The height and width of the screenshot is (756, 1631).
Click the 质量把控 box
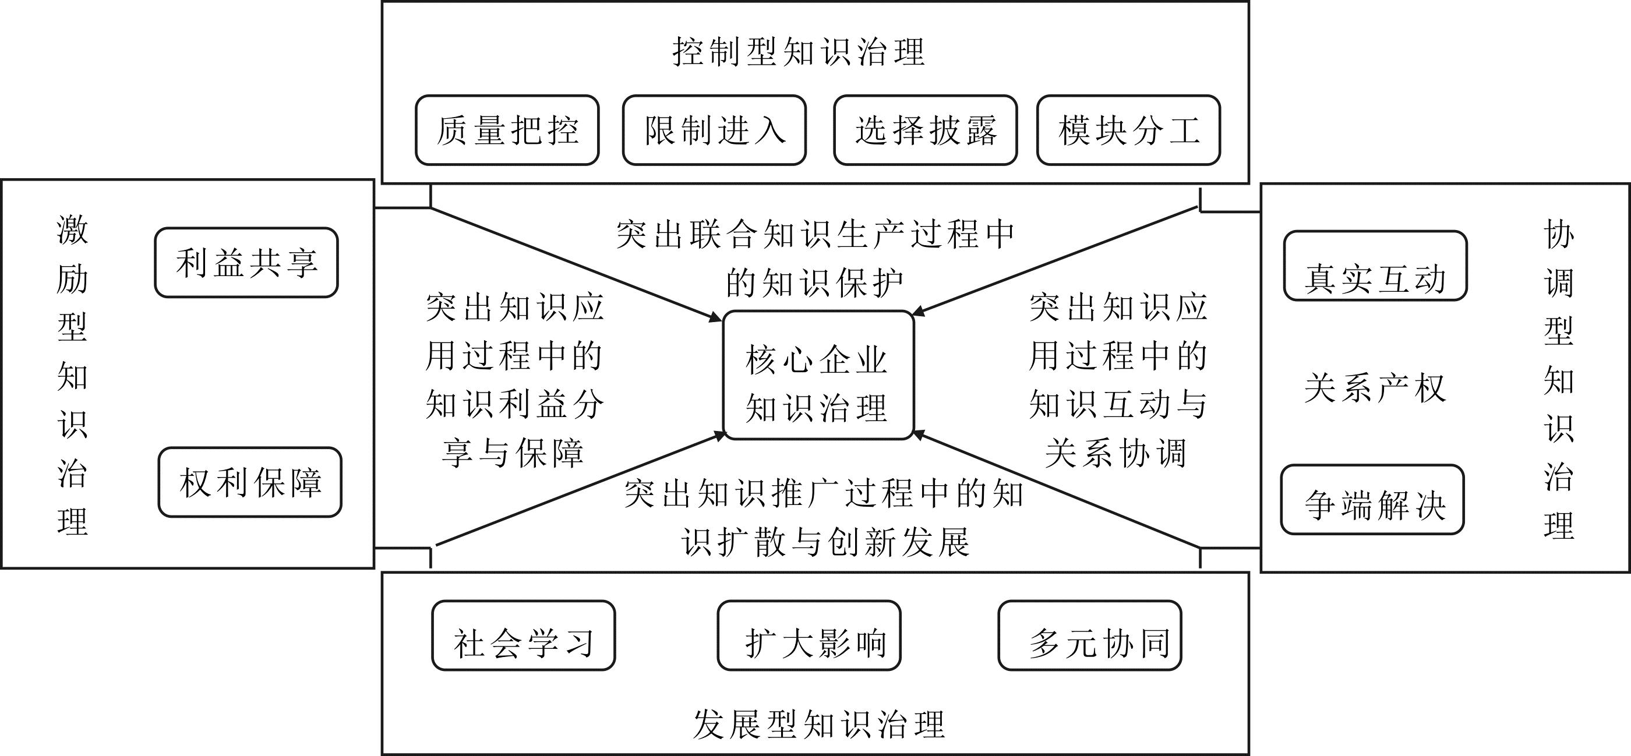click(x=507, y=130)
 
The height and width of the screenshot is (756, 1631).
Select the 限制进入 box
click(x=714, y=130)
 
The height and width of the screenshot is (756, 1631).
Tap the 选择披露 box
click(x=926, y=130)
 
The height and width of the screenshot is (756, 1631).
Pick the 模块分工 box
click(x=1129, y=130)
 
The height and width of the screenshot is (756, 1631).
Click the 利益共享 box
click(x=246, y=263)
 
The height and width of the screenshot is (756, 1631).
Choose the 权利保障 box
click(x=250, y=482)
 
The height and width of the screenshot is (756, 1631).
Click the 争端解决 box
click(x=1373, y=500)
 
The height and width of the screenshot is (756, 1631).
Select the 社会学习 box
click(x=524, y=635)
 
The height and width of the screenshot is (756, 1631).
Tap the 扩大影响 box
click(x=809, y=635)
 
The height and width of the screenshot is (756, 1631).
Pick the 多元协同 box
click(x=1090, y=635)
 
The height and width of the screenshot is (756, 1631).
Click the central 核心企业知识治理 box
click(x=818, y=375)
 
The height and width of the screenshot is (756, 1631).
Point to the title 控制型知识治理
click(x=799, y=52)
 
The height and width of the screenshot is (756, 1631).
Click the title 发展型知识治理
click(x=820, y=725)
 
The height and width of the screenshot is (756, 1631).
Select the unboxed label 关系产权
click(x=1375, y=387)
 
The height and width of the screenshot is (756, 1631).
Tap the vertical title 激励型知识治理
click(x=72, y=375)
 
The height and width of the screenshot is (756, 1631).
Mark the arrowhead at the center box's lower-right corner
click(x=920, y=435)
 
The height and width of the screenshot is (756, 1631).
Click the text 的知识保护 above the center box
click(x=814, y=283)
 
